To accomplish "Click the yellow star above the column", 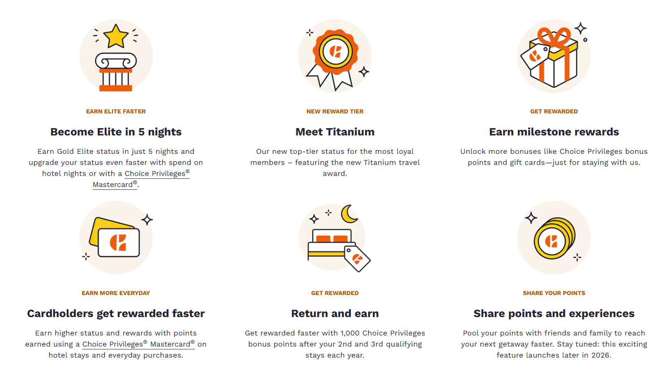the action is (116, 36).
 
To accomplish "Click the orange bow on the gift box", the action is (554, 37).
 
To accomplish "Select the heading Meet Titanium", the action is (335, 132).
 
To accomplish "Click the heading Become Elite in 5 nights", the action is (116, 132).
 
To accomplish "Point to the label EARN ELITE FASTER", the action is (116, 111).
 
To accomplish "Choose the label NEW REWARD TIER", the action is (335, 111).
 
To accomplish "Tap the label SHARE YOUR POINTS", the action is (554, 293).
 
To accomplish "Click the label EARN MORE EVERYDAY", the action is (116, 293).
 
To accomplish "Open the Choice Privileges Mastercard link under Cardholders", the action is (139, 344).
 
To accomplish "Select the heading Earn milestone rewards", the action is (554, 132).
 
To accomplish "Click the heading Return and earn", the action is (335, 313).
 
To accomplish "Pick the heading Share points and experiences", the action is (554, 313).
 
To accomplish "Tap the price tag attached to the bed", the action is (357, 258).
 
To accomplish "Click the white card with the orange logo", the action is (119, 243).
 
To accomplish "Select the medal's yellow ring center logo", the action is (335, 52).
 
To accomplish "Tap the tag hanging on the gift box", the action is (535, 56).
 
